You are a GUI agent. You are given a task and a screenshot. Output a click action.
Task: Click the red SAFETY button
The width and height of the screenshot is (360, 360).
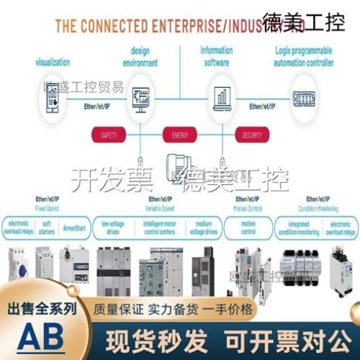click(x=109, y=135)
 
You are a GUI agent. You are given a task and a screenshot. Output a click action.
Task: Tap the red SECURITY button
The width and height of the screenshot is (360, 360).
click(x=252, y=135)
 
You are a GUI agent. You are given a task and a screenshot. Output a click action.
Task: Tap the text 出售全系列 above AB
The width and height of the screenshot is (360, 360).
click(x=42, y=310)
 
